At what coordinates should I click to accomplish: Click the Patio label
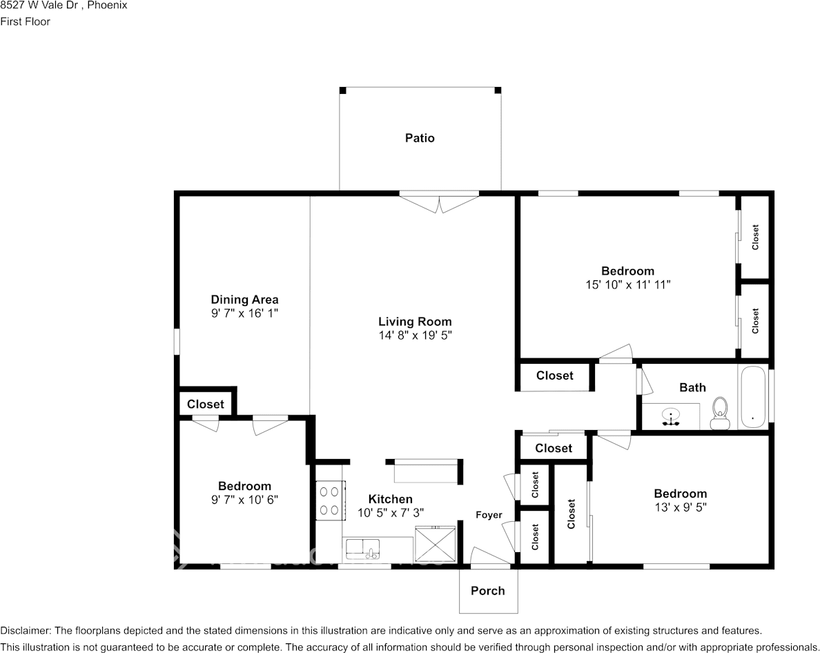(420, 138)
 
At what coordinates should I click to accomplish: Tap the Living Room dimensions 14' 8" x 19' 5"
(415, 335)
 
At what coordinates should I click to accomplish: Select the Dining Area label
(244, 300)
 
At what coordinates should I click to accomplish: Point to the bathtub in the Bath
(752, 397)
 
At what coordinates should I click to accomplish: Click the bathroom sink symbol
(671, 417)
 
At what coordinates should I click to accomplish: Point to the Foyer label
(489, 515)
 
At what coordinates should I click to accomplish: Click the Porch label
(488, 591)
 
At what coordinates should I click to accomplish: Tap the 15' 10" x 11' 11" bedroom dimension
(627, 284)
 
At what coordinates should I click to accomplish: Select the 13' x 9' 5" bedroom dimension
(680, 507)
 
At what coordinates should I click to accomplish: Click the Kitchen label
(390, 499)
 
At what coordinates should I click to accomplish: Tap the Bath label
(692, 387)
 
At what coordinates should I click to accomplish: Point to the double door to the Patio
(439, 202)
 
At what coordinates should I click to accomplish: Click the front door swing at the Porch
(489, 557)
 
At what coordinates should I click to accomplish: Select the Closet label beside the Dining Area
(206, 404)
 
